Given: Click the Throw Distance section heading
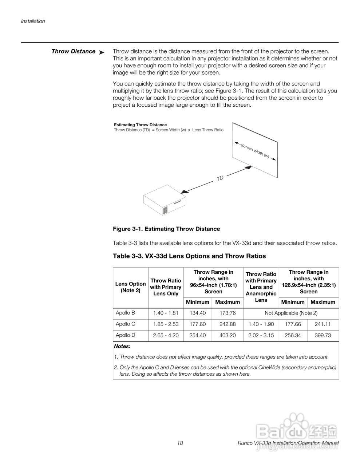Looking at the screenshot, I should click(73, 51).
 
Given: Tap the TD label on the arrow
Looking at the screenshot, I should click(220, 178).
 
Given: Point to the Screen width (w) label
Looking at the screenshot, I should click(255, 151).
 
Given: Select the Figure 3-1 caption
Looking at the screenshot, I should click(166, 229).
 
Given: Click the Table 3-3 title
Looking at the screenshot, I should click(189, 256).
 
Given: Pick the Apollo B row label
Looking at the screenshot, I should click(126, 313).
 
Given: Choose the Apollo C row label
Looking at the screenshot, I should click(126, 324).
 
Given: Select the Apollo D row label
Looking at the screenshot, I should click(126, 335).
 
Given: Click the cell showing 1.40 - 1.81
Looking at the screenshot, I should click(166, 313).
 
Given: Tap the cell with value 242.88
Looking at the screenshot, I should click(228, 324).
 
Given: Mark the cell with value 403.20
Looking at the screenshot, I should click(228, 336).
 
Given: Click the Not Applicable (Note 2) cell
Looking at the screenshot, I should click(291, 313).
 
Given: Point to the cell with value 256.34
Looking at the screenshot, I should click(293, 336).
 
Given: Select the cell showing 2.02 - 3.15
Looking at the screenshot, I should click(261, 336).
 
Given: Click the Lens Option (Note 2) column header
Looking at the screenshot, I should click(130, 287).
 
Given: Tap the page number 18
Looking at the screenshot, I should click(180, 443).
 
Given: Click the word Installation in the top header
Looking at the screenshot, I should click(33, 21).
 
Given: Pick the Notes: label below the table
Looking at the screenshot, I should click(122, 347).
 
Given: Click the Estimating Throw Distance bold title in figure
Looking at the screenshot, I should click(140, 125).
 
